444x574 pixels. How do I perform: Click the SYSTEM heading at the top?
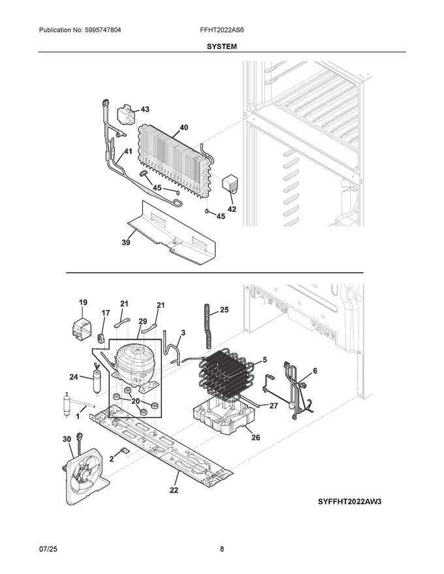pos(221,46)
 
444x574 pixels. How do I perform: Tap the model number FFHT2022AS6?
pos(222,30)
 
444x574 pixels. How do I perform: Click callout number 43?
pos(145,109)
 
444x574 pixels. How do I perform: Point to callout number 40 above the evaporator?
pos(184,127)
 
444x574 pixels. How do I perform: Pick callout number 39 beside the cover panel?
pos(125,243)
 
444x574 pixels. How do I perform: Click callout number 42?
pos(232,209)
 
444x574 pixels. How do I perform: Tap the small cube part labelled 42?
pos(230,183)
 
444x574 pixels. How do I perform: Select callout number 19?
pos(83,303)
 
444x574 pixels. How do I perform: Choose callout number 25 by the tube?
pos(224,310)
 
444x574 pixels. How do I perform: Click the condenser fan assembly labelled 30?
pos(86,474)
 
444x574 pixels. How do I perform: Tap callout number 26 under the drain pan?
pos(256,437)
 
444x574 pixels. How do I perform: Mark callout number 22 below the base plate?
pos(174,490)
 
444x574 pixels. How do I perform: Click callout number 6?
pos(315,371)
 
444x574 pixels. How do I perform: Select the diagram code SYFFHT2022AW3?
pos(349,502)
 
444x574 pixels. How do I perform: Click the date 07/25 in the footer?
pos(48,549)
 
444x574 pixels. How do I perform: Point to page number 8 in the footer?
pos(222,549)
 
